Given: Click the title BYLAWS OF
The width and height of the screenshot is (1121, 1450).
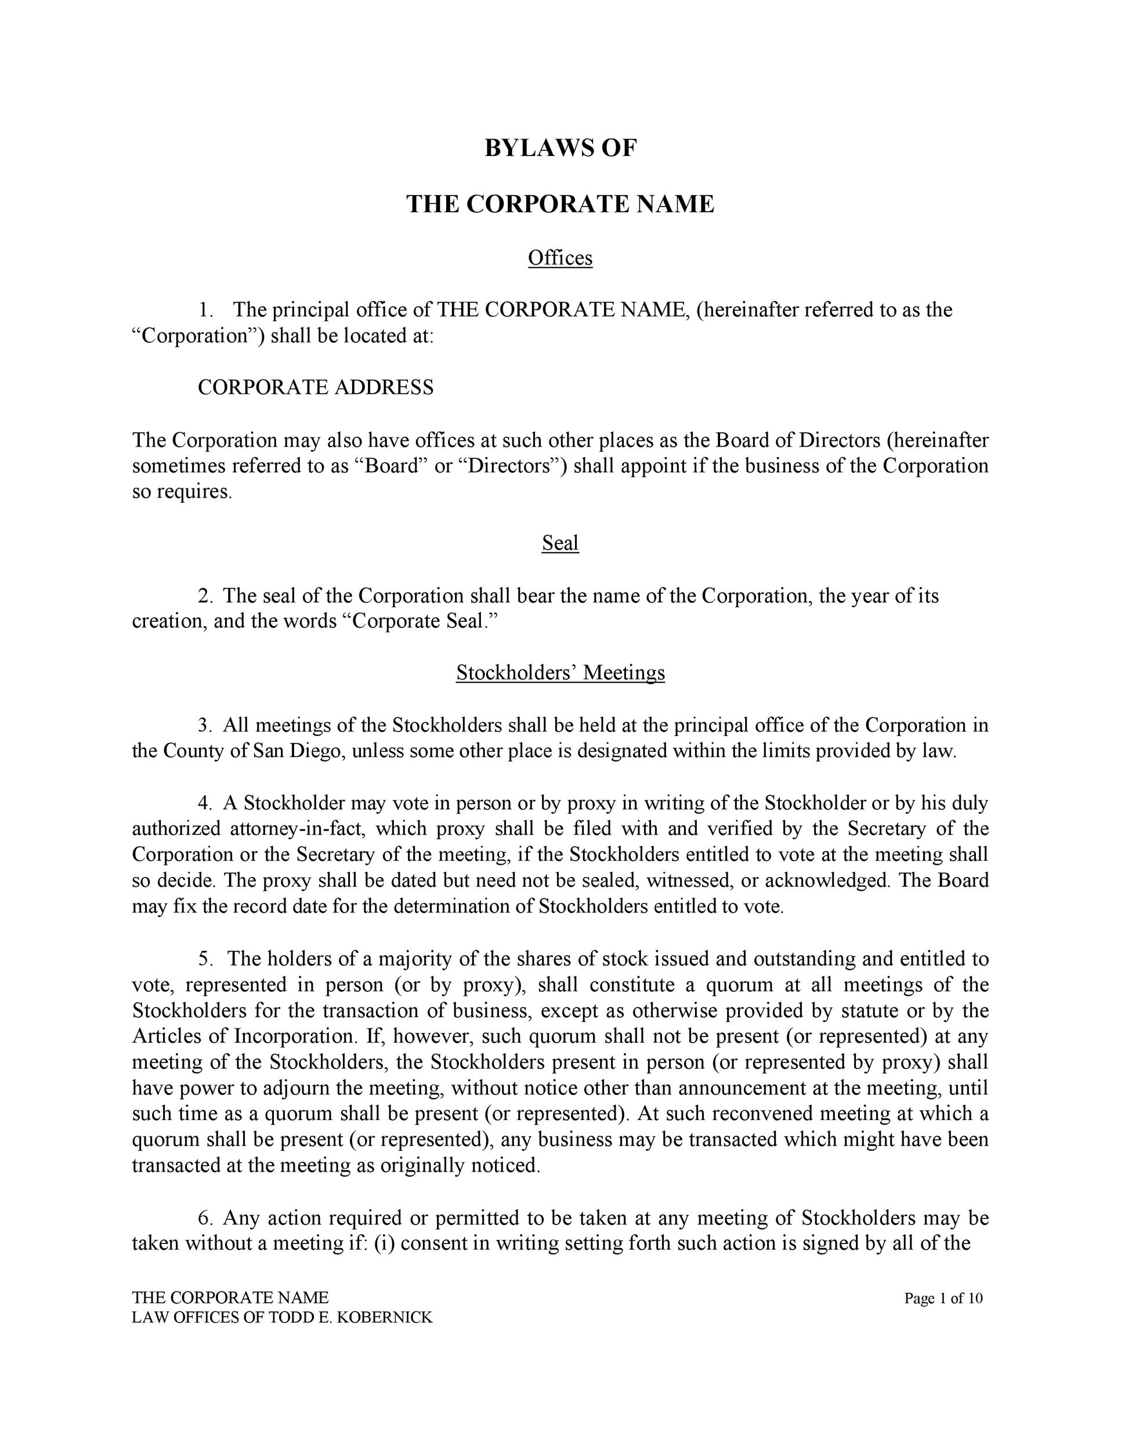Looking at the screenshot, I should pos(560,147).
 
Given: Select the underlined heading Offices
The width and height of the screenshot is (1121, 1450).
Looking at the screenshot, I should pos(560,258).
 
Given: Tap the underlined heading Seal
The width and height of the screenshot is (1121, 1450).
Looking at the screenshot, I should pos(560,543).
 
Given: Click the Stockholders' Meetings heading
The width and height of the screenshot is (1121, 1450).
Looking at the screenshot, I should pos(560,673).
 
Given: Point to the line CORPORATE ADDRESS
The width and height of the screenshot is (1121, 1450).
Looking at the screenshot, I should pos(316,387).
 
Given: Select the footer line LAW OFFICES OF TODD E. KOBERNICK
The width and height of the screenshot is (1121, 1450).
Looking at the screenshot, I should pos(282,1317).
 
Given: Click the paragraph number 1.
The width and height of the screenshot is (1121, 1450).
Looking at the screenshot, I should pos(206,310).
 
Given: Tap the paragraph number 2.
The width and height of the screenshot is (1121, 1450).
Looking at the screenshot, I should pos(205,596).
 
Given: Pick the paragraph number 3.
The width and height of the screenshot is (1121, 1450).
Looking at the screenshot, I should pos(205,725).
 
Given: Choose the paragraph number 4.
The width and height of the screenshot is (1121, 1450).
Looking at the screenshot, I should pos(205,803).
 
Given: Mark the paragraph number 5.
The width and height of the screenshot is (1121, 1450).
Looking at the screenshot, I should pos(205,959).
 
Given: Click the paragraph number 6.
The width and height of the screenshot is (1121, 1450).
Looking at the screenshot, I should pos(205,1219).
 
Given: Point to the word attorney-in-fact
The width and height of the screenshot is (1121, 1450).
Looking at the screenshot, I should pos(293,829).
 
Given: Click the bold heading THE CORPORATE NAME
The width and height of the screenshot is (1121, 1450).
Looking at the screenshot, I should pos(560,204).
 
